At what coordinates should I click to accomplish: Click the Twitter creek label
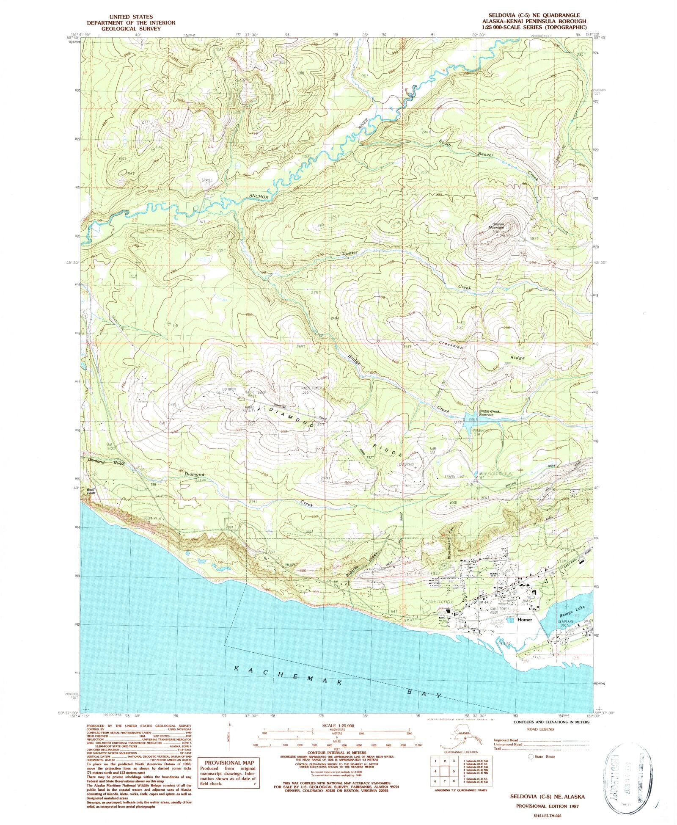pos(350,253)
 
